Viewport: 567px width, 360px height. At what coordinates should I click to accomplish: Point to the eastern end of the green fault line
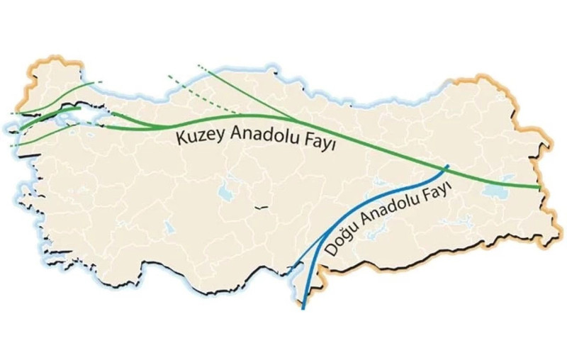pyautogui.click(x=540, y=188)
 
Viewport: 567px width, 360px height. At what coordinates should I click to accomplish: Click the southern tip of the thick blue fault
pyautogui.click(x=303, y=308)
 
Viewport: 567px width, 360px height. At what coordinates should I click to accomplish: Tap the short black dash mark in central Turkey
pyautogui.click(x=262, y=208)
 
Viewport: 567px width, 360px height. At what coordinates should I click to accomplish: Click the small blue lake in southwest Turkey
pyautogui.click(x=169, y=227)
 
